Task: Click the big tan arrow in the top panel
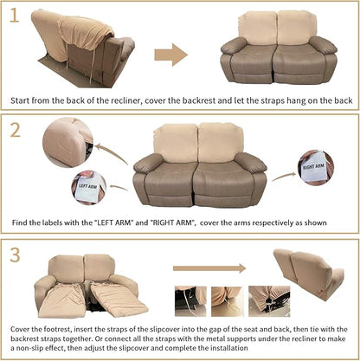[x=171, y=55]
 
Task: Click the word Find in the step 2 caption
[x=22, y=222]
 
